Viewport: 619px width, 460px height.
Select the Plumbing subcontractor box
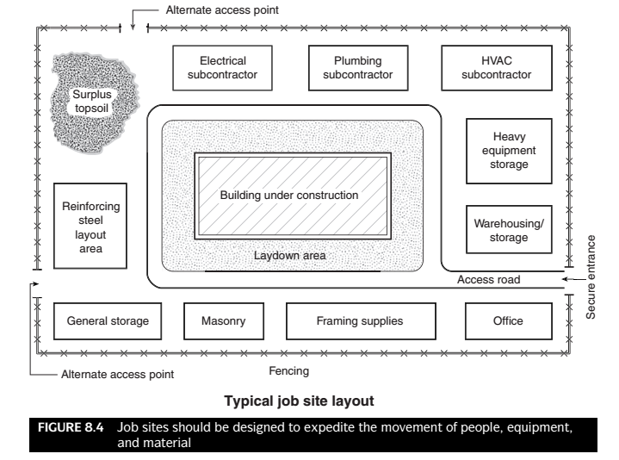(357, 67)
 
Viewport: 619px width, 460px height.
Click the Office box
(508, 321)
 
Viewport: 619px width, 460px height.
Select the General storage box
(108, 321)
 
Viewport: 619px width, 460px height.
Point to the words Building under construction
(288, 196)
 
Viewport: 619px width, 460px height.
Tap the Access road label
(489, 280)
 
